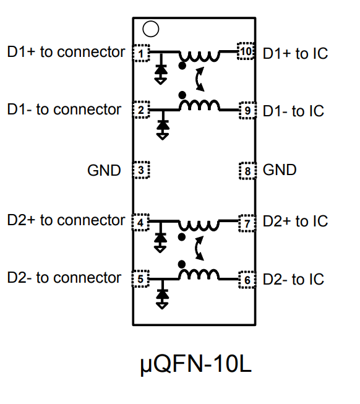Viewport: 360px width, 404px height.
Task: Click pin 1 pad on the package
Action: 142,53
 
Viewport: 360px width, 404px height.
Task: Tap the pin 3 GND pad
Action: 142,170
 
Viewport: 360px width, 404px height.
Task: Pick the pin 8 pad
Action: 247,170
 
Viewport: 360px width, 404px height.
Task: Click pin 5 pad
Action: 142,279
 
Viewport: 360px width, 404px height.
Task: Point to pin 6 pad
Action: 247,280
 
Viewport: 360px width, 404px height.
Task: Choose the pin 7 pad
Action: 247,221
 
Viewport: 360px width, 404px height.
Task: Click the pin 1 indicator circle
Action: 150,28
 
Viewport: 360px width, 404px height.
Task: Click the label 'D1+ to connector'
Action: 66,52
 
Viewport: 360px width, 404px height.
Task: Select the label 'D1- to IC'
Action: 293,111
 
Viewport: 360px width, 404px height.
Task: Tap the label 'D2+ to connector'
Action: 66,220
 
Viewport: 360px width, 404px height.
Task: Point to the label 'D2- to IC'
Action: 293,280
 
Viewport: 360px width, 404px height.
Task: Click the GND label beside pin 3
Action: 104,170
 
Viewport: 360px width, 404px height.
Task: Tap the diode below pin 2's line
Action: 163,125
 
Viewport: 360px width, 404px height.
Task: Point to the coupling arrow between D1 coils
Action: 199,79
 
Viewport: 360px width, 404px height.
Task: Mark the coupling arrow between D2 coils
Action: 199,248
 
